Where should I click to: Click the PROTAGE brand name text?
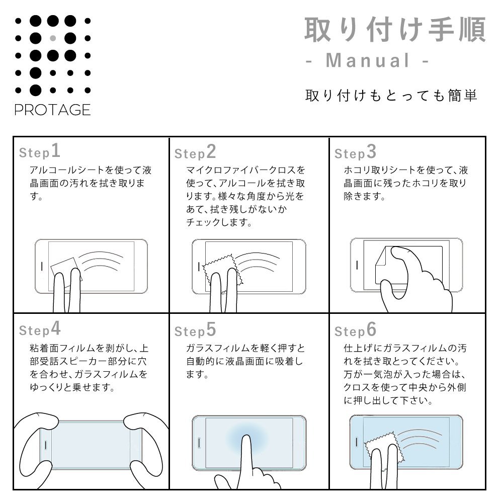tap(53, 110)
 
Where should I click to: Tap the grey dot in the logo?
tap(53, 39)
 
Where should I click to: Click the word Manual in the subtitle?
tap(368, 60)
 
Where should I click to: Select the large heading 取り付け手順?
tap(395, 30)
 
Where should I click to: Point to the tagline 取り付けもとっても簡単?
tap(391, 96)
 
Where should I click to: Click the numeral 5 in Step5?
tap(211, 329)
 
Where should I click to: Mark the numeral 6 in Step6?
tap(371, 329)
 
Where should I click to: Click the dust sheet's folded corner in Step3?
tap(380, 257)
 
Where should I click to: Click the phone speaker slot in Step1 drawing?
tap(42, 266)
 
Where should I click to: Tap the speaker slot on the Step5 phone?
tap(199, 443)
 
